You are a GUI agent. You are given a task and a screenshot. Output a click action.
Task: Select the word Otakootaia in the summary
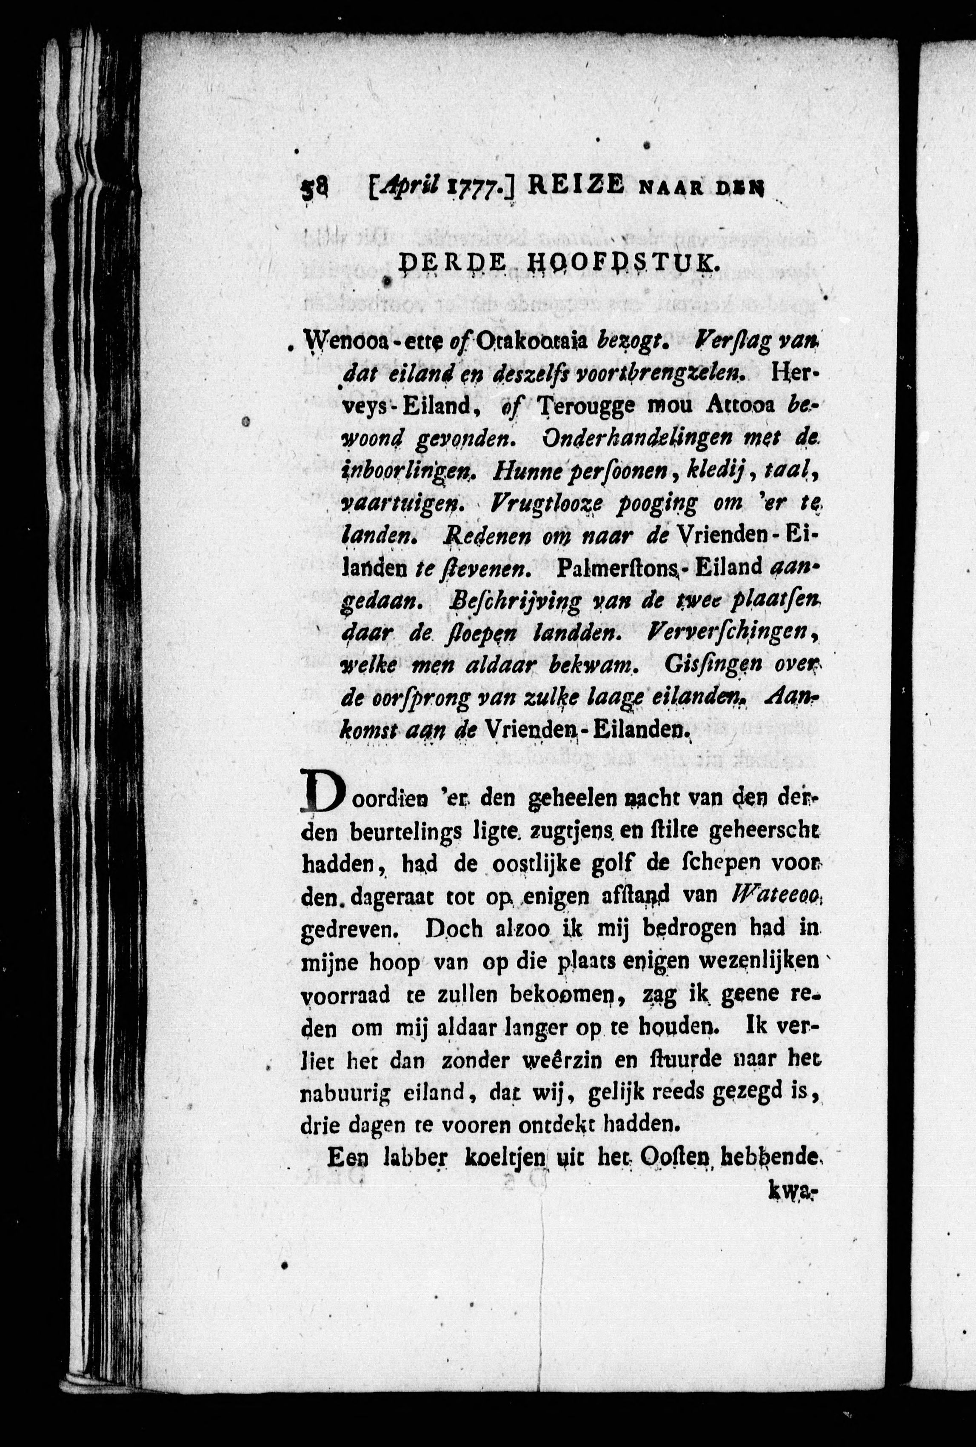pyautogui.click(x=532, y=342)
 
